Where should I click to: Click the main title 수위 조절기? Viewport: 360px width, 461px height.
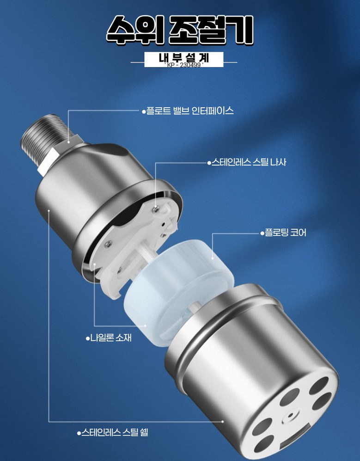(180, 30)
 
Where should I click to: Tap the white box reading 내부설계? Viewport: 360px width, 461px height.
(183, 59)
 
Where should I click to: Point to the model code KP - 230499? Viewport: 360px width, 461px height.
(184, 65)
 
